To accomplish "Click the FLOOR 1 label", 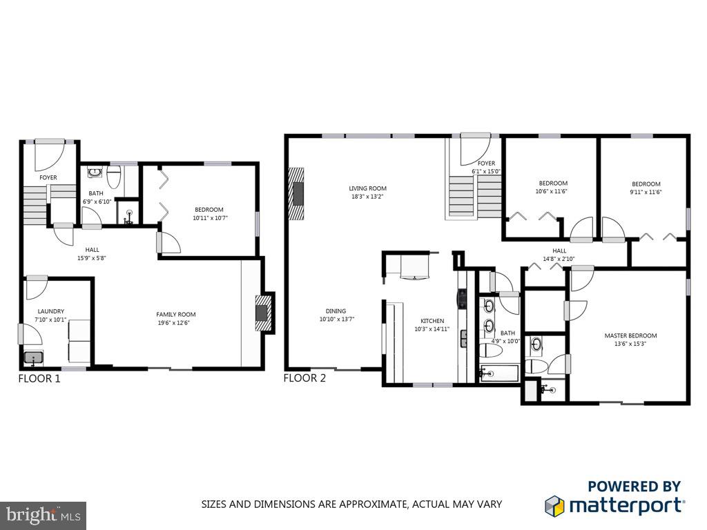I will click(x=39, y=378).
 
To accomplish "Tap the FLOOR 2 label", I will click(x=305, y=377).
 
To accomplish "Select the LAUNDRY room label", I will click(x=50, y=311).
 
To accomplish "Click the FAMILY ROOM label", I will click(x=175, y=315).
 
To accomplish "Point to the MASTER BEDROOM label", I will click(x=630, y=335).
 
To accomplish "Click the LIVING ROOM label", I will click(x=367, y=188).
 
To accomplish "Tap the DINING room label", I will click(x=336, y=311).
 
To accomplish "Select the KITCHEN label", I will click(x=432, y=321).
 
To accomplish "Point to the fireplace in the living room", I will click(x=298, y=193).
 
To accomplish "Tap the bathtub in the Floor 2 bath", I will click(x=498, y=374).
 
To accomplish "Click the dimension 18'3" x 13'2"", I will click(x=367, y=196).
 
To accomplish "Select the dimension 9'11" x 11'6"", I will click(x=646, y=193).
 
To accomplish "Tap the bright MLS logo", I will click(x=43, y=515).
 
